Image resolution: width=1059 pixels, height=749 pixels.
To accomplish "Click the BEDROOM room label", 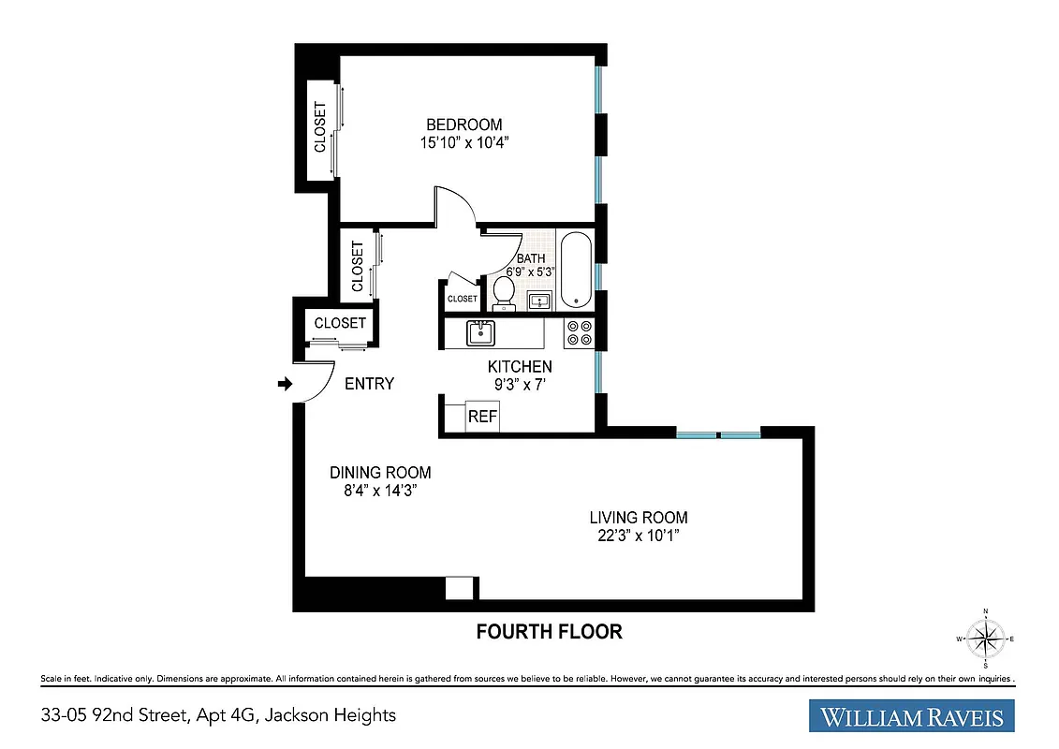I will (x=463, y=125).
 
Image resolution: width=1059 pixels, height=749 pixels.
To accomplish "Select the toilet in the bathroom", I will (x=504, y=288).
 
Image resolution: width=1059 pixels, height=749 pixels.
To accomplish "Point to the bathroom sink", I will (x=538, y=301).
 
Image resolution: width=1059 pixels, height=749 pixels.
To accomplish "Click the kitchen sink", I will (x=481, y=332).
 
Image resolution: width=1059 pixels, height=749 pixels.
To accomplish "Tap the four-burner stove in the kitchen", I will (x=578, y=333).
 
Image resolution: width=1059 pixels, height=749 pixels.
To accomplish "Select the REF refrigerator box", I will (x=482, y=417).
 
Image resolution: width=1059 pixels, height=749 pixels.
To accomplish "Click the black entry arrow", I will (x=286, y=383).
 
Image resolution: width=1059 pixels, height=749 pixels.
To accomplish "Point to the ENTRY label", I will (x=369, y=384).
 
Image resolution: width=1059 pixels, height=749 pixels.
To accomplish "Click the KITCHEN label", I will (x=520, y=367).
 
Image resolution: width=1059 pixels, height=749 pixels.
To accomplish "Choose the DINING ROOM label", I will (x=379, y=473).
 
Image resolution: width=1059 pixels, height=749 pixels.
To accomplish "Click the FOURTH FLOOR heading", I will (x=549, y=632).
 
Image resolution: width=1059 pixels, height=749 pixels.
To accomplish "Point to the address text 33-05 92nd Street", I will (x=213, y=715).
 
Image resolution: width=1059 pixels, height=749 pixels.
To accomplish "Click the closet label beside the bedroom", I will (x=319, y=127).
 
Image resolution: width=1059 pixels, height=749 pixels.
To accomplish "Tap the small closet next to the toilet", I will (x=462, y=299).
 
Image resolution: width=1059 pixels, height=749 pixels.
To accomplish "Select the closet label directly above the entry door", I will (x=340, y=323).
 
